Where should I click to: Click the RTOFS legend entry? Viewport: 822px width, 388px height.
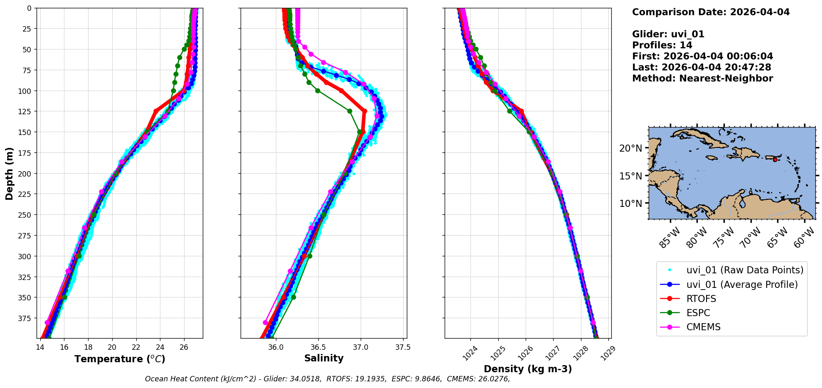[x=701, y=299]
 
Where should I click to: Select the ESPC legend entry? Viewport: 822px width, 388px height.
[x=698, y=313]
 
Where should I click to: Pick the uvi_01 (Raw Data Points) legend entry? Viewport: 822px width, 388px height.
[x=745, y=270]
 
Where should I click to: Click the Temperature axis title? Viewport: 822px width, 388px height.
[x=120, y=359]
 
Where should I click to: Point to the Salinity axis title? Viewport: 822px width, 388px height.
[x=324, y=358]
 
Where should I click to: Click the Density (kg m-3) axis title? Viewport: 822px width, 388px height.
[x=528, y=369]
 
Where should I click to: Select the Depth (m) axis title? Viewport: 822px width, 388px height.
[x=9, y=173]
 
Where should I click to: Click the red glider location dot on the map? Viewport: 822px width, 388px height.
[x=775, y=160]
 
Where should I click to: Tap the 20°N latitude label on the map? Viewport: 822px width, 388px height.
[x=630, y=148]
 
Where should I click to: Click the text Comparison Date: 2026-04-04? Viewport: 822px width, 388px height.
[x=711, y=12]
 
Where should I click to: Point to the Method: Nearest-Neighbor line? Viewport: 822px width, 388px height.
[x=702, y=79]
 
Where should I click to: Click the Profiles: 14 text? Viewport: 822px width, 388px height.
[x=662, y=45]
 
